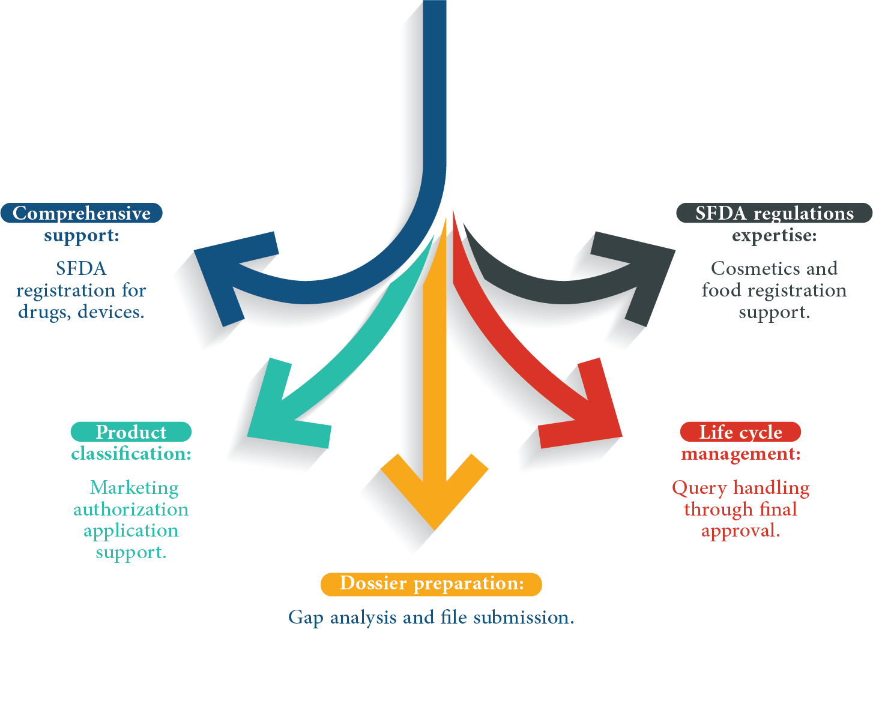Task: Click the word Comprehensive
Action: pos(82,214)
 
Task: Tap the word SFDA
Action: pos(720,214)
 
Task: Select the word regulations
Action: pos(803,214)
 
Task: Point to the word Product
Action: pos(131,432)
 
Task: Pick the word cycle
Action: pos(761,433)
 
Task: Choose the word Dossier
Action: pos(373,583)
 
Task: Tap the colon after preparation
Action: pos(521,585)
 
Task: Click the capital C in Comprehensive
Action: pos(19,214)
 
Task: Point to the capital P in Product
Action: pos(102,432)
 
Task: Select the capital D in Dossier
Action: pos(347,583)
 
